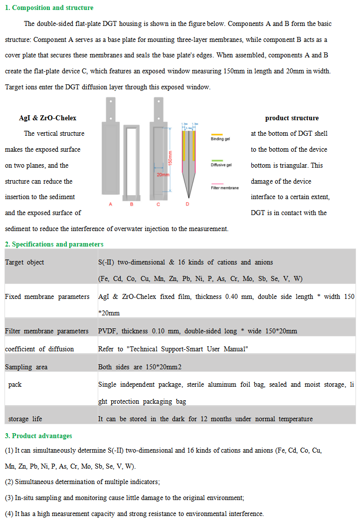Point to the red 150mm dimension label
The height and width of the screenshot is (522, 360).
pos(170,158)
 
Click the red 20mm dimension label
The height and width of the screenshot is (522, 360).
pos(163,175)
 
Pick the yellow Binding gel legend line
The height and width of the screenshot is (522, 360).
pos(216,134)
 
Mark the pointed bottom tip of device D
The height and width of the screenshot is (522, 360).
pos(187,196)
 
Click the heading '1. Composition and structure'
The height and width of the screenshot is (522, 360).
pos(49,7)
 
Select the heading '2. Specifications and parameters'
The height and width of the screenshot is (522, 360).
pos(54,244)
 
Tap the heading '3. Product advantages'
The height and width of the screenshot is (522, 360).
pos(38,436)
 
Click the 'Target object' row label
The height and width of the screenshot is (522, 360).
pos(24,262)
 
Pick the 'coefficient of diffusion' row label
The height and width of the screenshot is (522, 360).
pos(39,349)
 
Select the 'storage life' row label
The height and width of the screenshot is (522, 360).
pos(25,419)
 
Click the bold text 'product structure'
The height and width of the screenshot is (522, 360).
pos(292,118)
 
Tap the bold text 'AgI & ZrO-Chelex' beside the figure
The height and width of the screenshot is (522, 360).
pos(48,118)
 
